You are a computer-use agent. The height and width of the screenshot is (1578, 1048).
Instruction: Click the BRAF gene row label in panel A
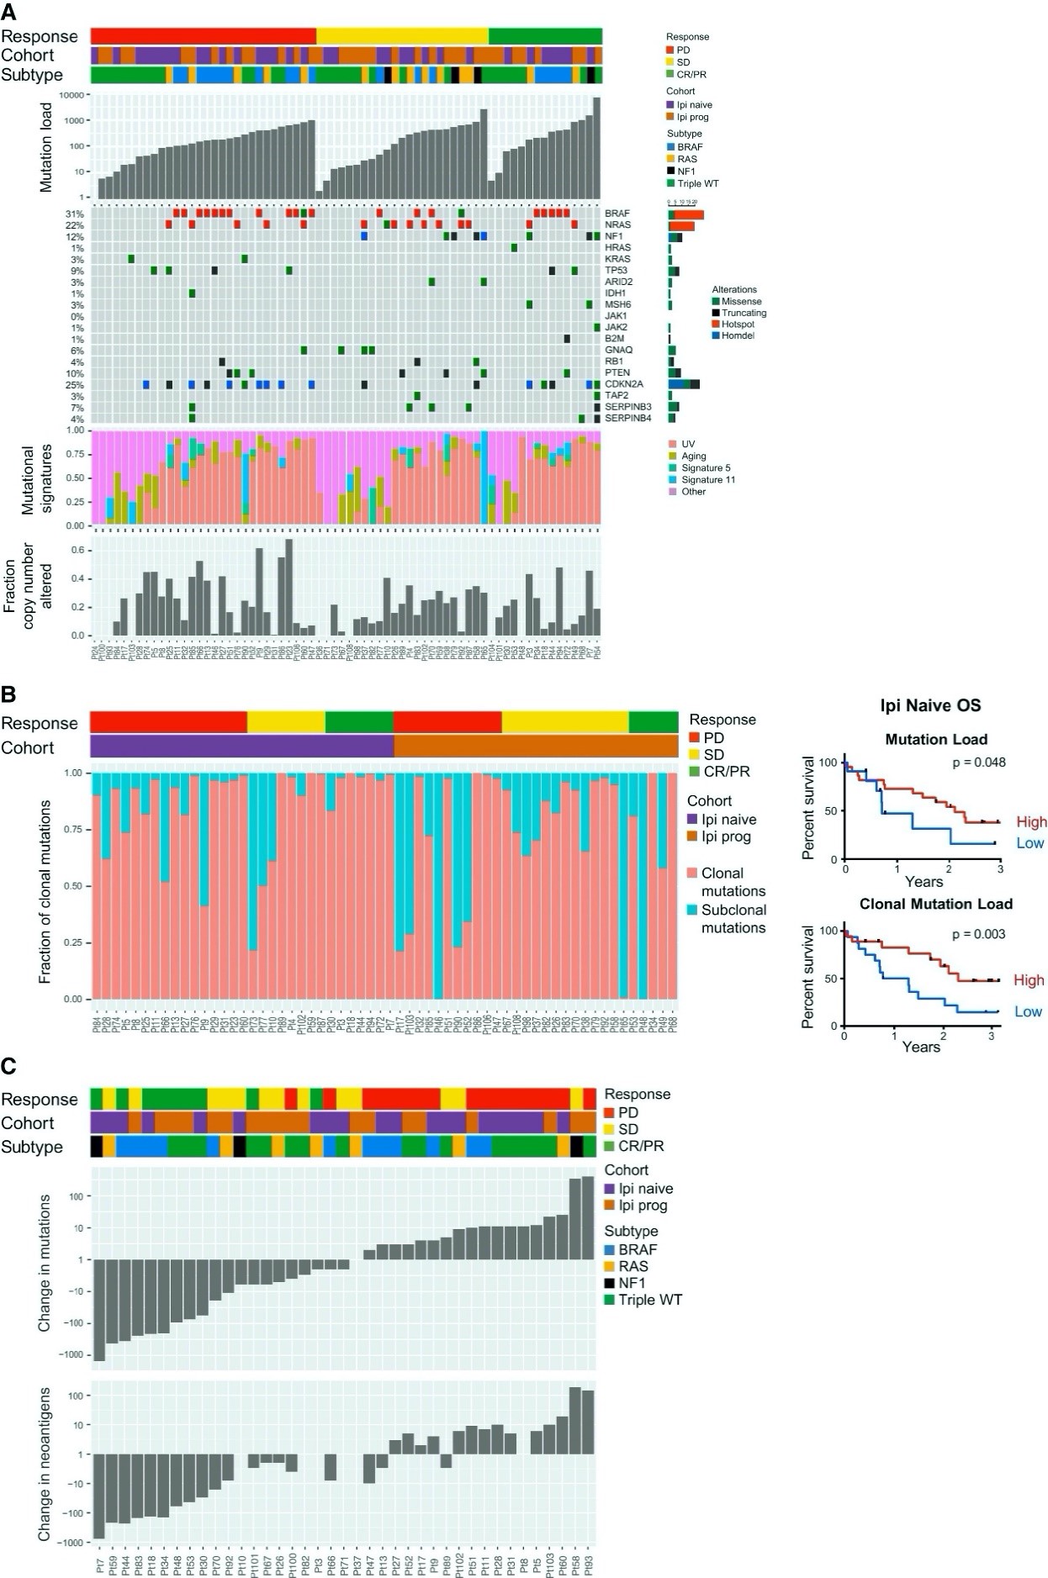coord(617,214)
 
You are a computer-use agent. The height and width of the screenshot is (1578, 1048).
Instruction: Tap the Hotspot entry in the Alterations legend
coord(738,324)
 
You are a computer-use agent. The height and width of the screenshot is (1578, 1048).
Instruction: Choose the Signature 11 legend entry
coord(708,480)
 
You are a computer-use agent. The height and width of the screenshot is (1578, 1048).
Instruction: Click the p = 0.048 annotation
coord(978,763)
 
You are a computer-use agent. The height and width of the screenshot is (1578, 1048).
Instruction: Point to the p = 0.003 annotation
coord(978,934)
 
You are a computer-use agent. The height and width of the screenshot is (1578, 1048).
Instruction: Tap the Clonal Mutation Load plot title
coord(935,905)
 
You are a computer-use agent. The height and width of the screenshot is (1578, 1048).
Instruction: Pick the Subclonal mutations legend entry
coord(733,919)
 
